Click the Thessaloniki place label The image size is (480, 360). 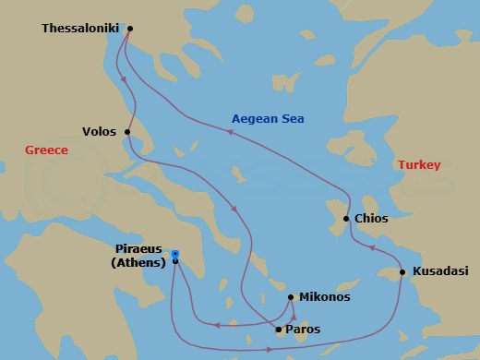pos(81,29)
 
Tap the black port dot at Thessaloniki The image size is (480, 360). pos(129,28)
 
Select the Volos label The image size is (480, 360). pos(99,132)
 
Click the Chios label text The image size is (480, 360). pos(371,219)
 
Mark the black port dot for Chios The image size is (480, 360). pos(346,219)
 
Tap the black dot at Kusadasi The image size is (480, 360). pos(402,271)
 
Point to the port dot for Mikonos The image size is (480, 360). pos(291,297)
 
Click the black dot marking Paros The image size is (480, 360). pos(279,329)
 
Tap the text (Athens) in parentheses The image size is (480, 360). pos(138,262)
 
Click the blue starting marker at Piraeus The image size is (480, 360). pos(174,255)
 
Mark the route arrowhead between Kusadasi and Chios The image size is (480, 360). pos(370,248)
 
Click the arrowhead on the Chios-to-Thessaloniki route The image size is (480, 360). pos(230,134)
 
